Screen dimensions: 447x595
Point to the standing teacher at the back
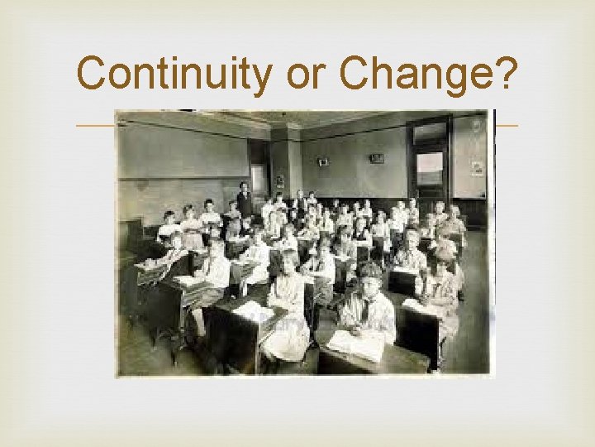244,199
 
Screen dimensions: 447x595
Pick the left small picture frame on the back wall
322,161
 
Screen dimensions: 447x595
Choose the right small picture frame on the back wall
377,157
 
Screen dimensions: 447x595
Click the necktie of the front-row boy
364,310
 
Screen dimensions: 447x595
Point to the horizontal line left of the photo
94,126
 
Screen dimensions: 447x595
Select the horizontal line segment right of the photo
506,126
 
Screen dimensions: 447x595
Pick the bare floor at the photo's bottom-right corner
471,356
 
